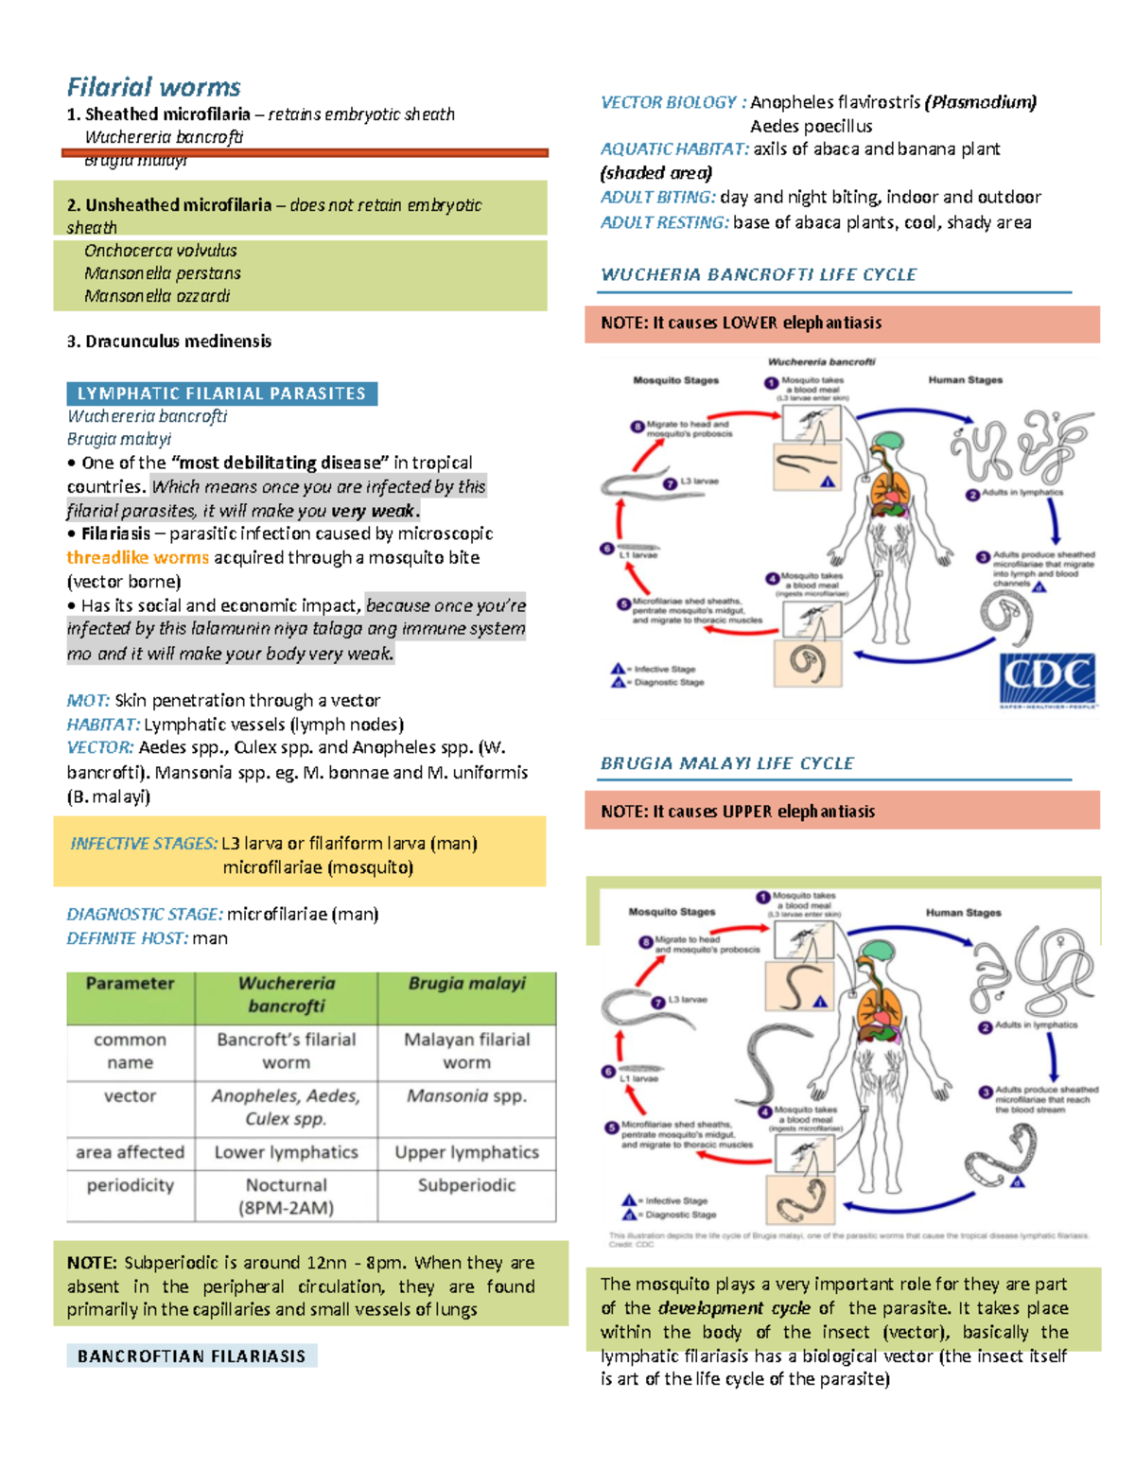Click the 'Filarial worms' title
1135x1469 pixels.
(153, 87)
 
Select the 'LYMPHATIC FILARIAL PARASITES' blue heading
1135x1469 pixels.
(221, 393)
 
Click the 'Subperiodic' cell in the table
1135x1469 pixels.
(466, 1185)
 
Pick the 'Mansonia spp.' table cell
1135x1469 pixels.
(466, 1095)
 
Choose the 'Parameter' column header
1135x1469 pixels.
(130, 984)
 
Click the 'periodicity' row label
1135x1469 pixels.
(130, 1185)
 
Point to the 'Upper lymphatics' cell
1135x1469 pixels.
(466, 1152)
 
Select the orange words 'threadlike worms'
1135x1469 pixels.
(137, 558)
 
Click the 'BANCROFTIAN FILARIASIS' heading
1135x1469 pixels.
(191, 1356)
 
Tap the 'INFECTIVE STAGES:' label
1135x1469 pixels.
(144, 843)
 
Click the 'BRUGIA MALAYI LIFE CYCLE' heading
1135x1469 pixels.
(727, 763)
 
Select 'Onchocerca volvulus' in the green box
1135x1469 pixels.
(160, 251)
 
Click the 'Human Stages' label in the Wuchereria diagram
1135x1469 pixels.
(965, 380)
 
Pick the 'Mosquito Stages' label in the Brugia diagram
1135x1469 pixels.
(672, 912)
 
